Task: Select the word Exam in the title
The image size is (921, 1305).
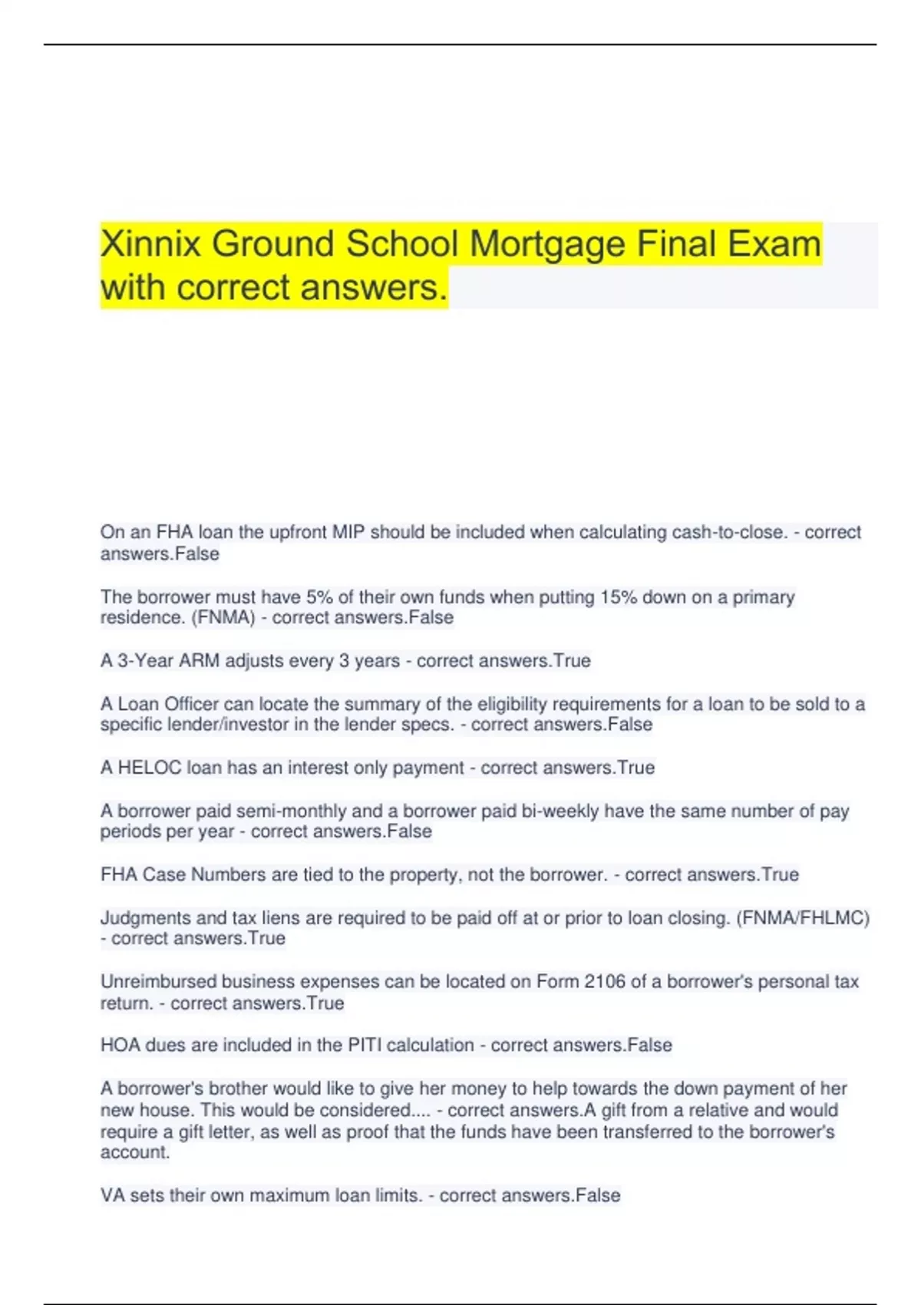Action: tap(774, 244)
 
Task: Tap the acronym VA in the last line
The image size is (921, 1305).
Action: tap(112, 1195)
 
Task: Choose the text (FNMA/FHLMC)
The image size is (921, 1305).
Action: tap(802, 918)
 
